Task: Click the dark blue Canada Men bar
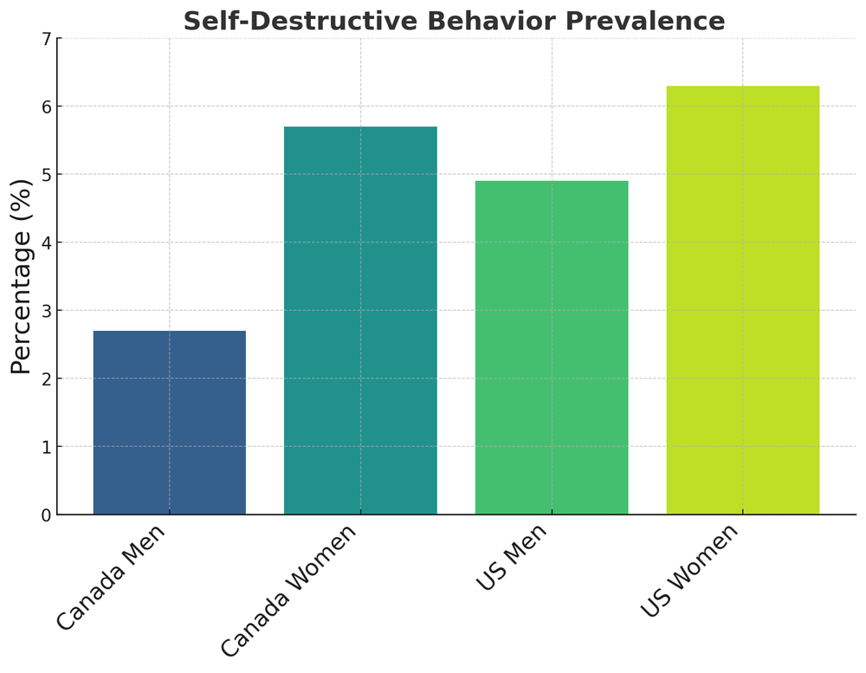pos(169,423)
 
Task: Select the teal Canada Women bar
pos(360,320)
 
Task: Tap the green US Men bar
pos(552,347)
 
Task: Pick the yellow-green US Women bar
pos(742,300)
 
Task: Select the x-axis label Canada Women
pos(288,590)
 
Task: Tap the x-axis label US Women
pos(690,570)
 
